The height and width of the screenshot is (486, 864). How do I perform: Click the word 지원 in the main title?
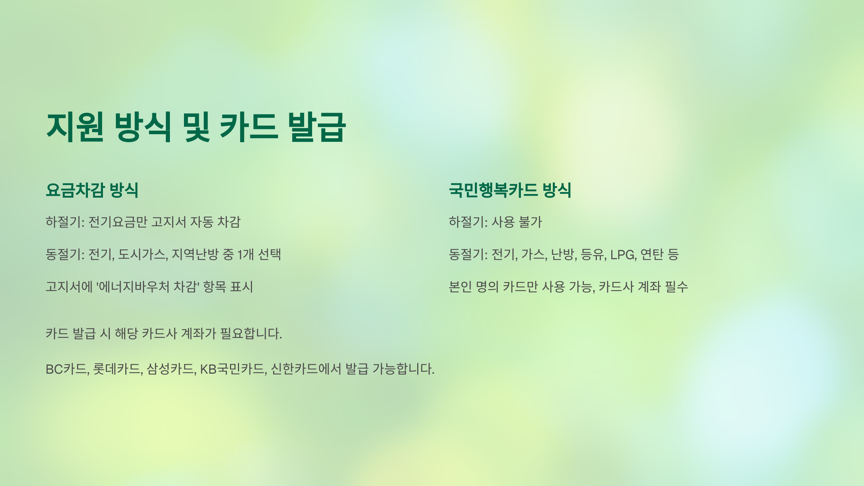(75, 127)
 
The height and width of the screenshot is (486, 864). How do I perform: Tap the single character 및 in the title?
(196, 127)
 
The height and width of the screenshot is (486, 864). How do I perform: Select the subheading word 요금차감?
(75, 190)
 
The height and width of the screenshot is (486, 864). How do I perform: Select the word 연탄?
(652, 254)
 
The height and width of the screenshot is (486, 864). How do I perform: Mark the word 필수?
(676, 287)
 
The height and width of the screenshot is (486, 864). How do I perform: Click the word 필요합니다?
(251, 333)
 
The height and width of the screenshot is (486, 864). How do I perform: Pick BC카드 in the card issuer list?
(67, 369)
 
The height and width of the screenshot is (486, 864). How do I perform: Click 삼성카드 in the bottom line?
(171, 369)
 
